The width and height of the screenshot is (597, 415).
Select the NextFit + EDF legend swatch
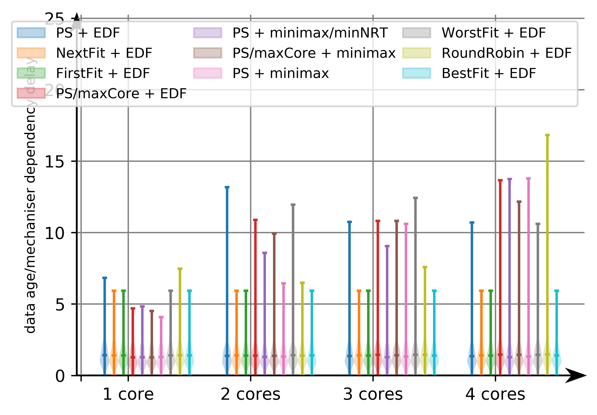(x=31, y=53)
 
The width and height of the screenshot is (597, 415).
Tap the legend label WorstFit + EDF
(x=493, y=33)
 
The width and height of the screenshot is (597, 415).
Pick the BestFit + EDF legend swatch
(x=416, y=73)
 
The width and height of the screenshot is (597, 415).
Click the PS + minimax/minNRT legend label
(x=310, y=33)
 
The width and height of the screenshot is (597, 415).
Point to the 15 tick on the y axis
(x=54, y=161)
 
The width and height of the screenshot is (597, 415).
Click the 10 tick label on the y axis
(x=54, y=233)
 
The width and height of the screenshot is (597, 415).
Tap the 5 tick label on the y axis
(x=60, y=304)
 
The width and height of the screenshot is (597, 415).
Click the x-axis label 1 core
(x=128, y=394)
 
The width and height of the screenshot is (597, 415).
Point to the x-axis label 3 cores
(x=373, y=394)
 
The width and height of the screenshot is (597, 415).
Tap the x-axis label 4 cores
(x=495, y=394)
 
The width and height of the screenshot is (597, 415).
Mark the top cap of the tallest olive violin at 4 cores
(x=547, y=135)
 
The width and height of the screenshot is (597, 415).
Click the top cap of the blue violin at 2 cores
(x=227, y=187)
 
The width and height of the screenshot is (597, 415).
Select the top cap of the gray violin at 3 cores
(x=415, y=198)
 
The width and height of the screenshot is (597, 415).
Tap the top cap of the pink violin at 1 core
(x=161, y=317)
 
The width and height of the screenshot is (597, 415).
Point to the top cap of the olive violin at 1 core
(x=180, y=269)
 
